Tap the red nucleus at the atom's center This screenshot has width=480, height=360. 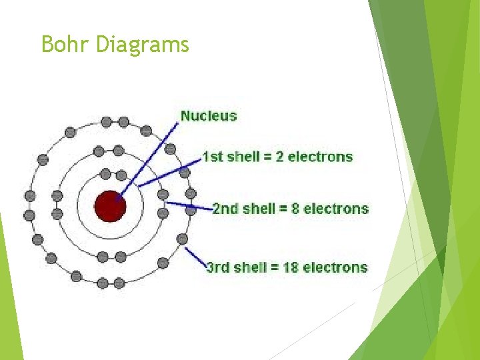(111, 206)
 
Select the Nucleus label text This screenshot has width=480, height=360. (209, 116)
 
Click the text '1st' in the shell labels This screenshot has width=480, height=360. (213, 157)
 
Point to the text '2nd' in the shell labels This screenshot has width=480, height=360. (224, 209)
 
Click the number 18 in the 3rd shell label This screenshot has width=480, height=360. (291, 267)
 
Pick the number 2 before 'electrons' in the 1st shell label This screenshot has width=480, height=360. (279, 157)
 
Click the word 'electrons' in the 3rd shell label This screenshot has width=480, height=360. (335, 267)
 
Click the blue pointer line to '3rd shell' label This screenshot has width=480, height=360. (195, 258)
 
